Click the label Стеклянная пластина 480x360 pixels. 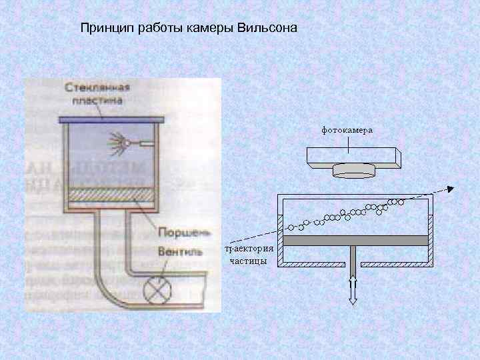coord(97,95)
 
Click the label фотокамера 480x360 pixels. coord(347,131)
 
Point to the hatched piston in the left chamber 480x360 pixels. coord(109,195)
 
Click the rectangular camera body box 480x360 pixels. coord(353,155)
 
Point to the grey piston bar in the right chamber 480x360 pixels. coord(353,239)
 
